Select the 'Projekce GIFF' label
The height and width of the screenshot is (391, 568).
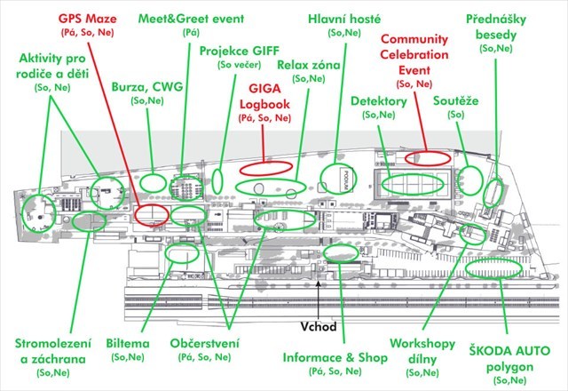(x=238, y=52)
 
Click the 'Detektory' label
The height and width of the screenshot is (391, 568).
(x=378, y=101)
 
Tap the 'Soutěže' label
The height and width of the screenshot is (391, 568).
(x=456, y=101)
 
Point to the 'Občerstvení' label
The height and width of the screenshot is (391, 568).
(x=202, y=343)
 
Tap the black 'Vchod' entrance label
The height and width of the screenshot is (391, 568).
(x=319, y=325)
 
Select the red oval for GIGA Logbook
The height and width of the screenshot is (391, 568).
(x=264, y=166)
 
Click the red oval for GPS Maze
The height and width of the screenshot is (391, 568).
(x=153, y=214)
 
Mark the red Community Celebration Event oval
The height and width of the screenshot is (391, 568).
(x=428, y=158)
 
